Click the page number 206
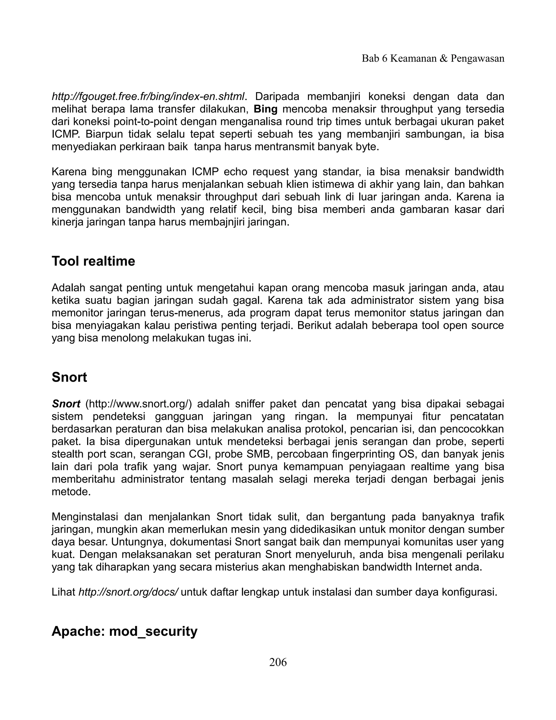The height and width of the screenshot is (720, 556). [278, 662]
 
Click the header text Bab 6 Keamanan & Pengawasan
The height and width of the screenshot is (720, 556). [433, 58]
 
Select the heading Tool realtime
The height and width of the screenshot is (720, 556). [93, 261]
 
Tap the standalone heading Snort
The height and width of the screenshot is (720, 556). [69, 377]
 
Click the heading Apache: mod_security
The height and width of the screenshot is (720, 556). [125, 631]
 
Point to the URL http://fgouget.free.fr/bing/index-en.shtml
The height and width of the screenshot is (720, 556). [148, 97]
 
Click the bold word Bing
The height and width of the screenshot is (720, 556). [266, 109]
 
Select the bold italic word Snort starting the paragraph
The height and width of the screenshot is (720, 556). [66, 404]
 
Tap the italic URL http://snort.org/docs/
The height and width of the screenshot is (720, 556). [128, 592]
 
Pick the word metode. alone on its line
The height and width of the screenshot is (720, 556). [71, 492]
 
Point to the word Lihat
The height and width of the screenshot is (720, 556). [63, 592]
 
